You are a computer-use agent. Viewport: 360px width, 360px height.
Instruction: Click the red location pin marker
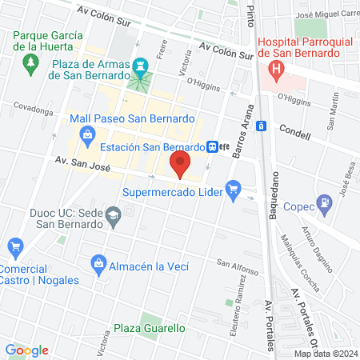(x=180, y=165)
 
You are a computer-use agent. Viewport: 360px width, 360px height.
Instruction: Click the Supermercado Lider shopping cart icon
(x=234, y=190)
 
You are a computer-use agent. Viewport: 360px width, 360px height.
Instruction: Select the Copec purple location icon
(x=324, y=202)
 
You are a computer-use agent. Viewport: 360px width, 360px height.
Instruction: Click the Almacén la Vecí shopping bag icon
(x=98, y=263)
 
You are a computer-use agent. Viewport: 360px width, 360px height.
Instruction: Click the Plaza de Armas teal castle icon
(x=142, y=64)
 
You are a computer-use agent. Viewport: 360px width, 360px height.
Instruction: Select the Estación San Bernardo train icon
(x=212, y=147)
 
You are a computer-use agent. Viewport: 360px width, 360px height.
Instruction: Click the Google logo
(x=26, y=350)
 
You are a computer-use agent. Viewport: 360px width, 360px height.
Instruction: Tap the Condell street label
(x=294, y=134)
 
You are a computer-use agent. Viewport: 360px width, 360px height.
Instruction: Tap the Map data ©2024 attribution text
(x=325, y=354)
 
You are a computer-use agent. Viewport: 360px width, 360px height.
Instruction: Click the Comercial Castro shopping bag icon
(x=14, y=246)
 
